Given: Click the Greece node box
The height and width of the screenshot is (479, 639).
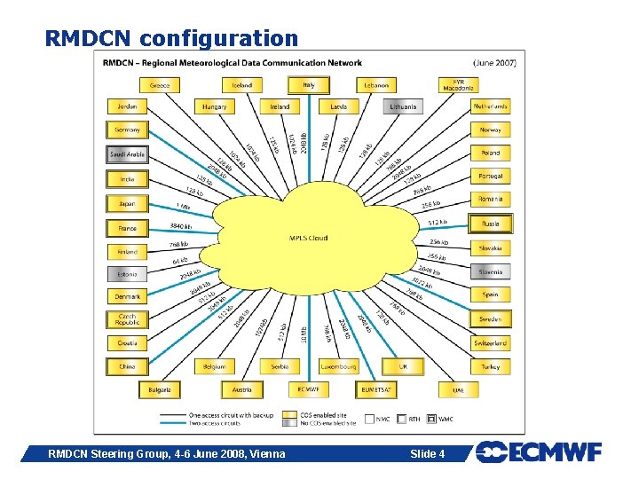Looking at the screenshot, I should coord(161,85).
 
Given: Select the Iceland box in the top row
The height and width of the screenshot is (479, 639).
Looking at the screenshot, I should coord(242,85).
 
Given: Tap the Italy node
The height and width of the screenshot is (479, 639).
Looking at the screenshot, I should coord(308,85).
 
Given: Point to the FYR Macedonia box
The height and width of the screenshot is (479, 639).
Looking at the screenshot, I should coord(458,85).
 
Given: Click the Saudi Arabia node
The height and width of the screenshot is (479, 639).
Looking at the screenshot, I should coord(127,154).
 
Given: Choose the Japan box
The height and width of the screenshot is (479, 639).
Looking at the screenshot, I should coord(127,203).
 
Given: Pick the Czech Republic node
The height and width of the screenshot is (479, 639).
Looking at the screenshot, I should coord(127,319).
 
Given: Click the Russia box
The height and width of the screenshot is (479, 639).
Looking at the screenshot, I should coord(491,224).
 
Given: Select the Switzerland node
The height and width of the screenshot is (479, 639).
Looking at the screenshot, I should coord(491,342).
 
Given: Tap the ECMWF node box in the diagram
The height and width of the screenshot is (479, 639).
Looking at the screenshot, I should coord(308,389).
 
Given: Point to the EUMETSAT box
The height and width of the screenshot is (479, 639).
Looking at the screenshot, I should coord(380,389).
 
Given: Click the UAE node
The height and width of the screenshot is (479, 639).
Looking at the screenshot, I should coord(458,389).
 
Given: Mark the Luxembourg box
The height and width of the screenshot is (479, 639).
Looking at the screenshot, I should coord(338,365).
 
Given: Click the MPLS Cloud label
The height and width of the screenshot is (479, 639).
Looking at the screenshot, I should coord(308,238).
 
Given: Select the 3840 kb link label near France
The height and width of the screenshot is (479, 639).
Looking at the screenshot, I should coord(181,226).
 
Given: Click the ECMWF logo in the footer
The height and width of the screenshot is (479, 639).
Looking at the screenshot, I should coord(539,452).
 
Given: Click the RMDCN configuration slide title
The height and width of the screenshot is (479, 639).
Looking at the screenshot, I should coord(171,38).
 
